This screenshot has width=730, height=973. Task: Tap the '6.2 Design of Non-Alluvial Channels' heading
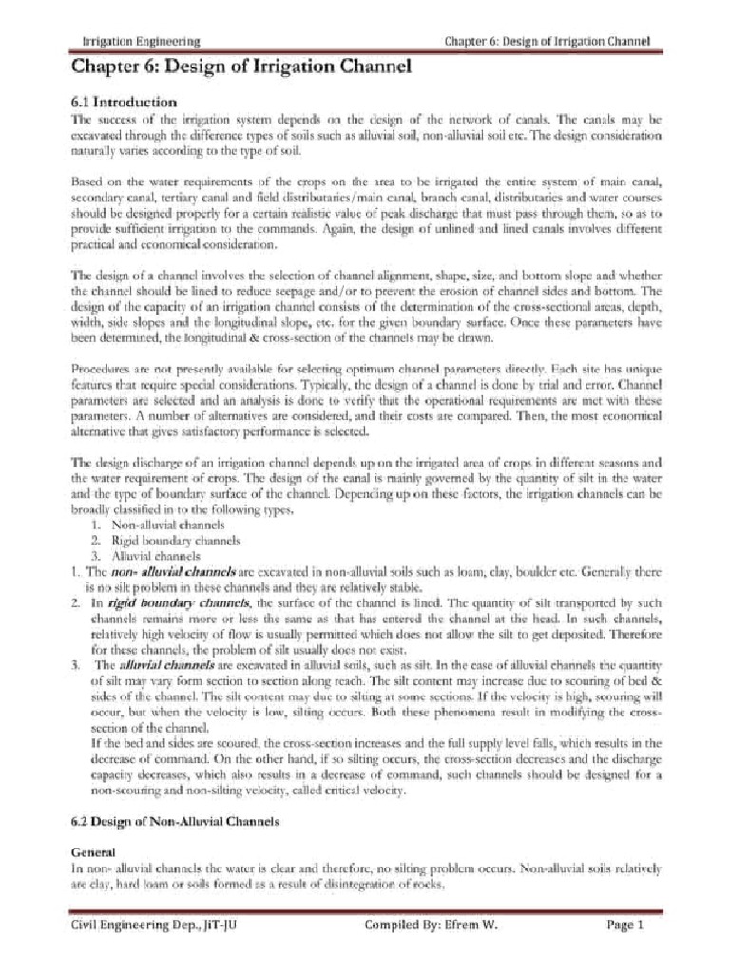[176, 825]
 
